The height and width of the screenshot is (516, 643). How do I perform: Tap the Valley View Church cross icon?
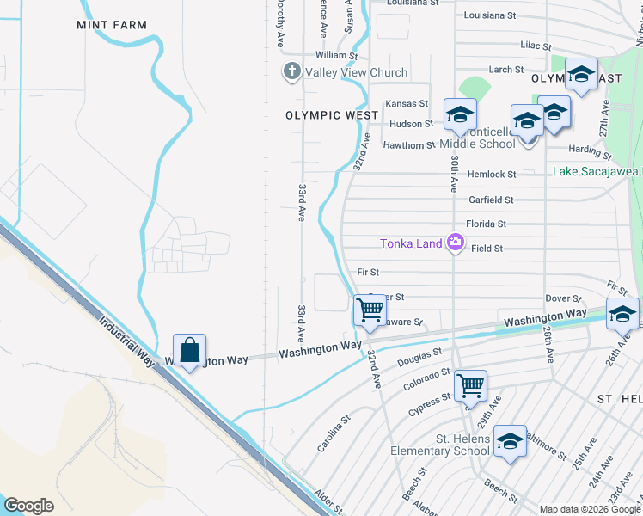[x=291, y=72]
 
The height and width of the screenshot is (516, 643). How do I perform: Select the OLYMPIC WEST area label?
[x=332, y=115]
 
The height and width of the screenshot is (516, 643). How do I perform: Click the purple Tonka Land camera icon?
[x=455, y=243]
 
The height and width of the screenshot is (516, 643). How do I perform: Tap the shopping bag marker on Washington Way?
[x=189, y=351]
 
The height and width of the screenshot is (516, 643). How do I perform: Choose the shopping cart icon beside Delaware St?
[x=370, y=310]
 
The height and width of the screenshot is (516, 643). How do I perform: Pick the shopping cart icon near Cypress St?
[x=470, y=386]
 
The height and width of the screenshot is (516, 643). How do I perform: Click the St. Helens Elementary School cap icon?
[x=510, y=442]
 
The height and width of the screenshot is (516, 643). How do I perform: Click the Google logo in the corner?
[x=28, y=505]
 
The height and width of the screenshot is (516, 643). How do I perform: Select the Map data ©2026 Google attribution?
[x=589, y=509]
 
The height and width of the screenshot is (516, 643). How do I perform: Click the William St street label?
[x=329, y=54]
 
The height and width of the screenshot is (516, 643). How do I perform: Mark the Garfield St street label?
[x=491, y=200]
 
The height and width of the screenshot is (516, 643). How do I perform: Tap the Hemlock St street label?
[x=491, y=175]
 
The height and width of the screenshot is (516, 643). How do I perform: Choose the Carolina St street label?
[x=334, y=435]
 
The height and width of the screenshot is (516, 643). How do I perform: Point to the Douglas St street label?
[x=420, y=355]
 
